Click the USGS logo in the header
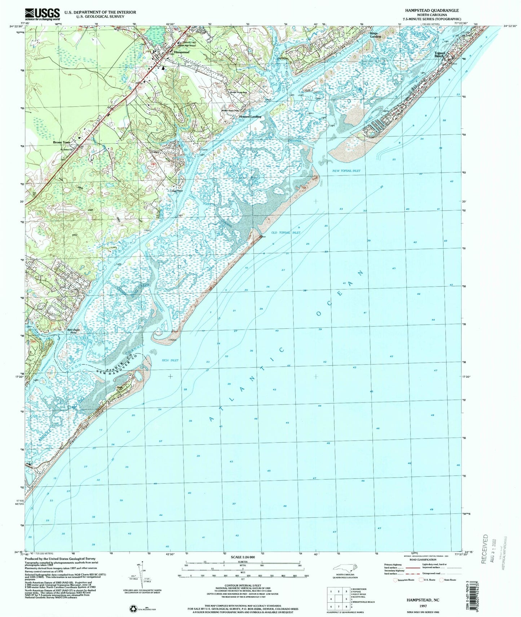coord(42,14)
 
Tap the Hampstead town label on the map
coord(181,52)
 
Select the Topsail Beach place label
coord(440,54)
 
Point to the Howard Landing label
coord(250,117)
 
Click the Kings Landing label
coord(375,35)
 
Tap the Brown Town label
coord(62,142)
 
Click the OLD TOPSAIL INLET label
coord(285,233)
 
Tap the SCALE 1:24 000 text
coord(242,557)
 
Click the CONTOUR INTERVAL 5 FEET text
coord(242,585)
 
